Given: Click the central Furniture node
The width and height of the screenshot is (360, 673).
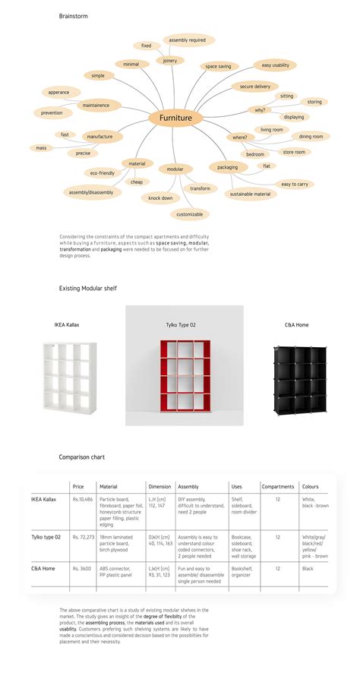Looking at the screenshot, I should tap(176, 118).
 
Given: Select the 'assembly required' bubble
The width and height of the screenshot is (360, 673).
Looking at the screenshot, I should tap(188, 39).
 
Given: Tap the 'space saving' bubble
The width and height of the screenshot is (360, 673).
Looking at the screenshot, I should tap(218, 66).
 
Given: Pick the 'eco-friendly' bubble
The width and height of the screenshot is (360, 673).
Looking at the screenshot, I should tap(102, 173).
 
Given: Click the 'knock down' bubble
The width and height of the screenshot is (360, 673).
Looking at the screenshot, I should tap(160, 197).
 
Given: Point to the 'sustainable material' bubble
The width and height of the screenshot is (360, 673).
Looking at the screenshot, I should tap(250, 194).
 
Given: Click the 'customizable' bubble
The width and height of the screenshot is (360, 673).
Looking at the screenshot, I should tap(189, 214).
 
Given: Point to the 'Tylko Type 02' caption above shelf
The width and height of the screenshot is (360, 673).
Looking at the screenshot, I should tap(182, 324).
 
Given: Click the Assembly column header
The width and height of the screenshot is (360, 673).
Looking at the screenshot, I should tap(188, 486).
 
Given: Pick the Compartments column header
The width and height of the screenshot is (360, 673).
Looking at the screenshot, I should tap(277, 486).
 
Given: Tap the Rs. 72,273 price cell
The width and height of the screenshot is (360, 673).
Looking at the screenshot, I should tap(83, 537).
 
